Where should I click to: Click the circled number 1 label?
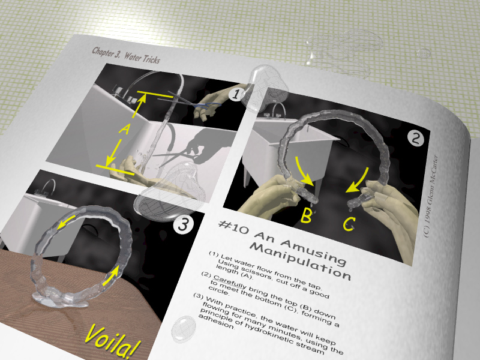tap(236, 94)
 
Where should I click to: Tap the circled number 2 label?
tap(416, 139)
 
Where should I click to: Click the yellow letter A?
tap(125, 130)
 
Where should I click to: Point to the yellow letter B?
tap(306, 215)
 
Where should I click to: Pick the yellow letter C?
tap(349, 224)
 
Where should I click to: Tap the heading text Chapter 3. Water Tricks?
tap(126, 55)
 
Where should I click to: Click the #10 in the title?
tap(233, 227)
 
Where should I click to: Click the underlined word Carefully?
tap(230, 281)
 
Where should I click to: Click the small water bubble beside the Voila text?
tap(184, 328)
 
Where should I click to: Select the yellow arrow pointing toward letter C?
tap(359, 181)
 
